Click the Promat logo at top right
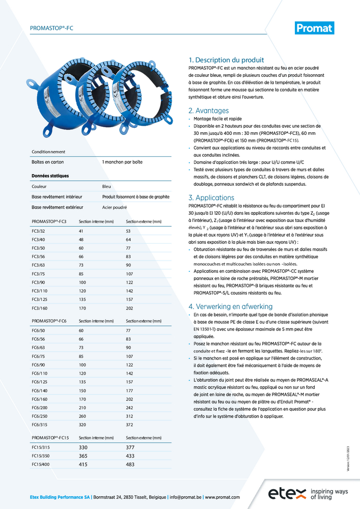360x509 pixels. (x=315, y=28)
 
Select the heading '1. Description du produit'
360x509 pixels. (x=226, y=60)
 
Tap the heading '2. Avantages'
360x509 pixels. (x=208, y=110)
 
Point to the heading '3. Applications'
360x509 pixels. (x=211, y=197)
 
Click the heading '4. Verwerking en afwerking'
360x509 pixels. (x=230, y=306)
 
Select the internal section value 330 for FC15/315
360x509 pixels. (x=84, y=447)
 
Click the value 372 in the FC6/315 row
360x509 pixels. (x=130, y=425)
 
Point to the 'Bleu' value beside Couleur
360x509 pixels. (x=106, y=187)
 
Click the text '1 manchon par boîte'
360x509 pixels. (x=122, y=162)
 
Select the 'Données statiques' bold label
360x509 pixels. (x=50, y=176)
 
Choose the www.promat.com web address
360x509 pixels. (x=222, y=497)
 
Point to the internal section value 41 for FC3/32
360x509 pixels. (x=81, y=231)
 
